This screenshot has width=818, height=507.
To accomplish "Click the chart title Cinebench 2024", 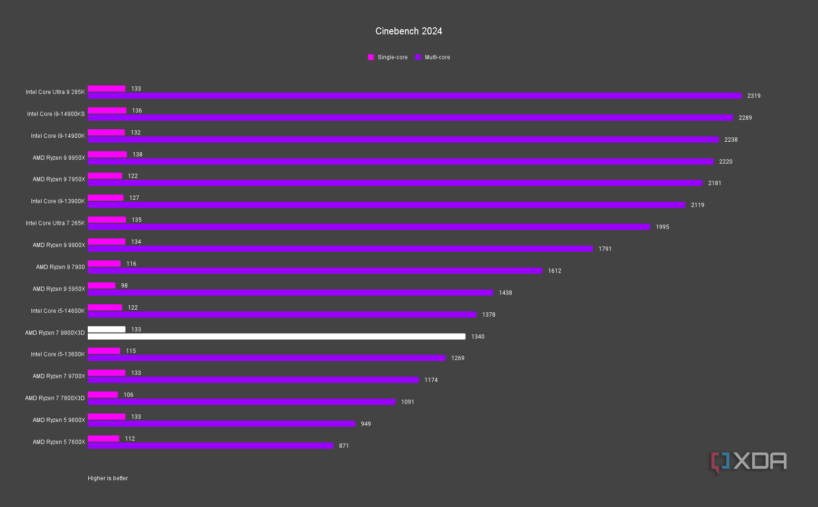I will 409,31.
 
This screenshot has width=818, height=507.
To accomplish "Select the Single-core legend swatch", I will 371,57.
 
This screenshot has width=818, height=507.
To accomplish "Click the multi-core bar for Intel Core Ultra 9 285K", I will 414,96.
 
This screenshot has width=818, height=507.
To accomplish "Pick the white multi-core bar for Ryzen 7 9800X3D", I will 277,337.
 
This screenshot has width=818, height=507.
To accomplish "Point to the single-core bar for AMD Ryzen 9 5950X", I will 102,285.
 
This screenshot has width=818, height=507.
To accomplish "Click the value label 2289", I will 745,118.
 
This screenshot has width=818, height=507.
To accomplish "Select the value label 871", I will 344,446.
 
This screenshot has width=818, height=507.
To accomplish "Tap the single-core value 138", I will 137,155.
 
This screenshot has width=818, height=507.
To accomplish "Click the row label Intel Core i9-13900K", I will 58,201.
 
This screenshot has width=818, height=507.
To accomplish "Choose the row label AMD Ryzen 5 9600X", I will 58,420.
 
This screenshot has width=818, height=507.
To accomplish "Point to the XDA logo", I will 749,462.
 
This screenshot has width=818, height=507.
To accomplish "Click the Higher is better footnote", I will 108,478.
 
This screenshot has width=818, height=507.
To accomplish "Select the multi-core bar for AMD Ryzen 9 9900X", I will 340,249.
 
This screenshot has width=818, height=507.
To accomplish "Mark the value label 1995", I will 662,227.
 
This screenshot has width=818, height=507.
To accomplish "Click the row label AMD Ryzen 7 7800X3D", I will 55,398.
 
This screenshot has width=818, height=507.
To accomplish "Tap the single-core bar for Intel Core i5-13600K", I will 104,351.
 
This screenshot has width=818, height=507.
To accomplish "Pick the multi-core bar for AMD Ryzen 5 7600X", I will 211,446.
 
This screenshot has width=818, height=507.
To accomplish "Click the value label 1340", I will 478,337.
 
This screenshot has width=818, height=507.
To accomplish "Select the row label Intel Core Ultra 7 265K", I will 55,224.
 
